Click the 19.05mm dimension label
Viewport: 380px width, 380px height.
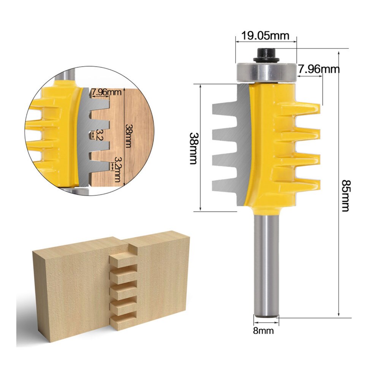[265, 36]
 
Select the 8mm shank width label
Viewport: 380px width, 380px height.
[264, 331]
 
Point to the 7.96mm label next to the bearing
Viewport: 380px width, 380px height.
[318, 69]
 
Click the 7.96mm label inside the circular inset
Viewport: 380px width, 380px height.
[106, 92]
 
